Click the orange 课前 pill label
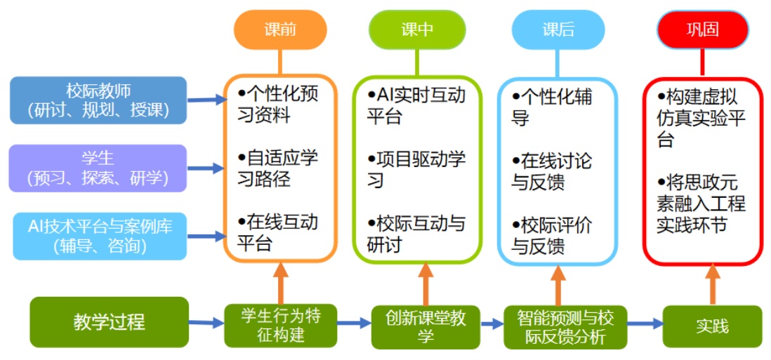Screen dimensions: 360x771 point(279,30)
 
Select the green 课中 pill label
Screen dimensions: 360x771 point(417,30)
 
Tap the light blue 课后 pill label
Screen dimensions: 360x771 point(558,30)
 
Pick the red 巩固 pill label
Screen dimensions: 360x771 point(702,30)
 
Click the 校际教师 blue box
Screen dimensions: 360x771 point(98,100)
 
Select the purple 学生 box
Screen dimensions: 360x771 point(98,168)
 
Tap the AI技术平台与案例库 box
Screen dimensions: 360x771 point(98,236)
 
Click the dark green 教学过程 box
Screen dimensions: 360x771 point(109,322)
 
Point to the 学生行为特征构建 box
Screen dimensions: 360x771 point(280,326)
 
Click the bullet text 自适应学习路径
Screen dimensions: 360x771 point(278,168)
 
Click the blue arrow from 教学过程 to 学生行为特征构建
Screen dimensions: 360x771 point(206,323)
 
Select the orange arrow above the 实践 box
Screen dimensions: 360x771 point(712,284)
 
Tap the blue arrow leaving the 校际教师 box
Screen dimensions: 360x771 point(205,100)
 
